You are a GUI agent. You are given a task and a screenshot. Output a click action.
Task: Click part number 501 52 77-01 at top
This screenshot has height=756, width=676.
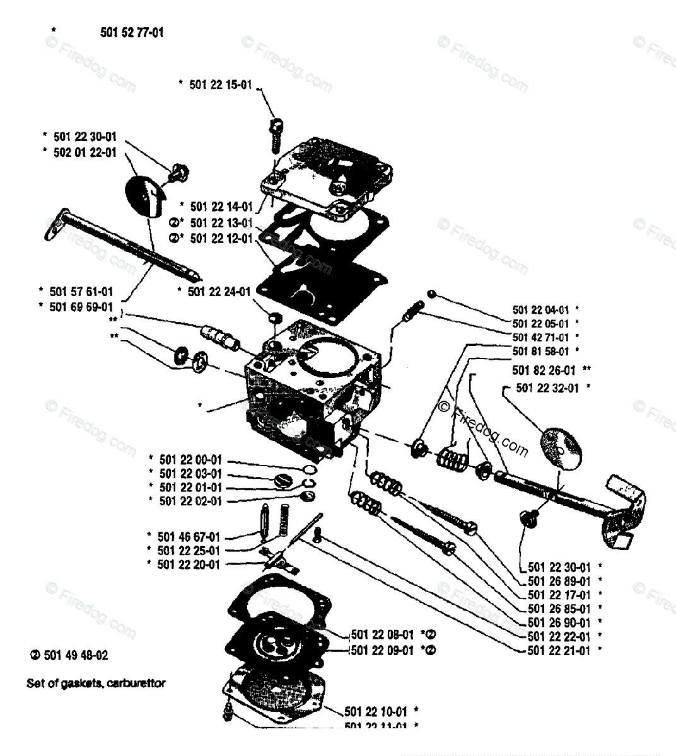[x=132, y=32]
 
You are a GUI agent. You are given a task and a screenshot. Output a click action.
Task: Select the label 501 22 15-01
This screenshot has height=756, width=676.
[x=220, y=84]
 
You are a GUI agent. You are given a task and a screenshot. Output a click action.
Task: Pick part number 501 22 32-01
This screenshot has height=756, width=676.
[x=547, y=388]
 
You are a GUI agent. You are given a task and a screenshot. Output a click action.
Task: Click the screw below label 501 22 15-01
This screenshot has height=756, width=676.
[x=274, y=134]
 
